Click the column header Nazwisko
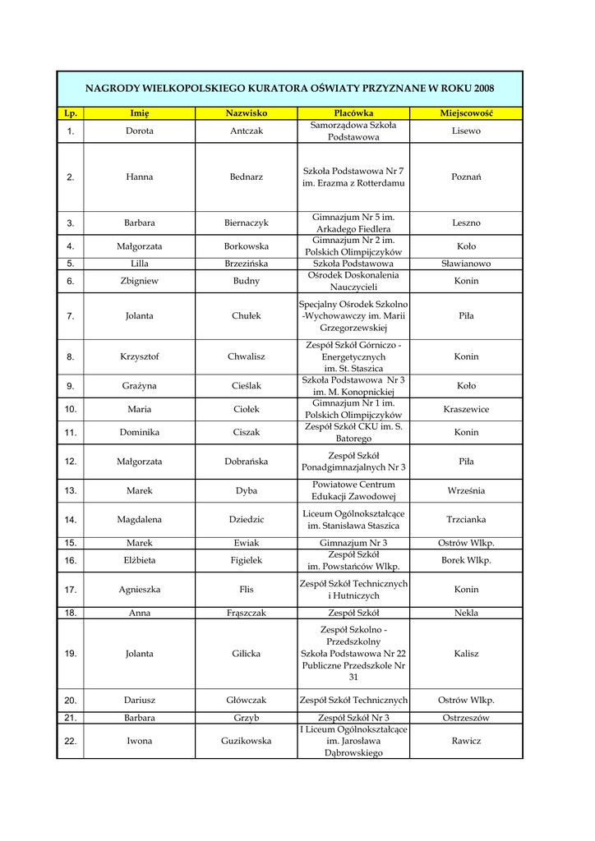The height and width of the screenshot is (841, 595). point(247,113)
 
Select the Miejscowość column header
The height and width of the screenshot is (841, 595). point(466,113)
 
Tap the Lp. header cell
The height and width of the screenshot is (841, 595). point(71,113)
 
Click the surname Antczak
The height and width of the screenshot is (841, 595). point(247,131)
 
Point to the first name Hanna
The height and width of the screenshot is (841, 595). point(140,177)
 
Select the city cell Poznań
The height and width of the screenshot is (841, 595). point(466,177)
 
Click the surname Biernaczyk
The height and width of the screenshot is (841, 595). point(247,223)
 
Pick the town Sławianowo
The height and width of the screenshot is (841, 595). point(466,264)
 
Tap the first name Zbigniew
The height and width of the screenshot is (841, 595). point(140,281)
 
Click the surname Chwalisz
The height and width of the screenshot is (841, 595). point(247,356)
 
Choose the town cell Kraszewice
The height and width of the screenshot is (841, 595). point(466,409)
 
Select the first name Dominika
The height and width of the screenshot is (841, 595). point(140,432)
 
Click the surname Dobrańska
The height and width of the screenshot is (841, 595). point(247,462)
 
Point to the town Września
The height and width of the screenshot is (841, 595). point(466,491)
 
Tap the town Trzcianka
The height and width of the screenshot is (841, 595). point(466,519)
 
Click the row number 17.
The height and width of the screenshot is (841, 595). point(71,590)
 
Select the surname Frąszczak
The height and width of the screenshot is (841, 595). point(247,613)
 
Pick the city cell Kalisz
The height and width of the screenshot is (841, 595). point(466,654)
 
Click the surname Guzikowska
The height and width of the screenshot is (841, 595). point(247,741)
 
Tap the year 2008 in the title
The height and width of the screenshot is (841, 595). point(484,88)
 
